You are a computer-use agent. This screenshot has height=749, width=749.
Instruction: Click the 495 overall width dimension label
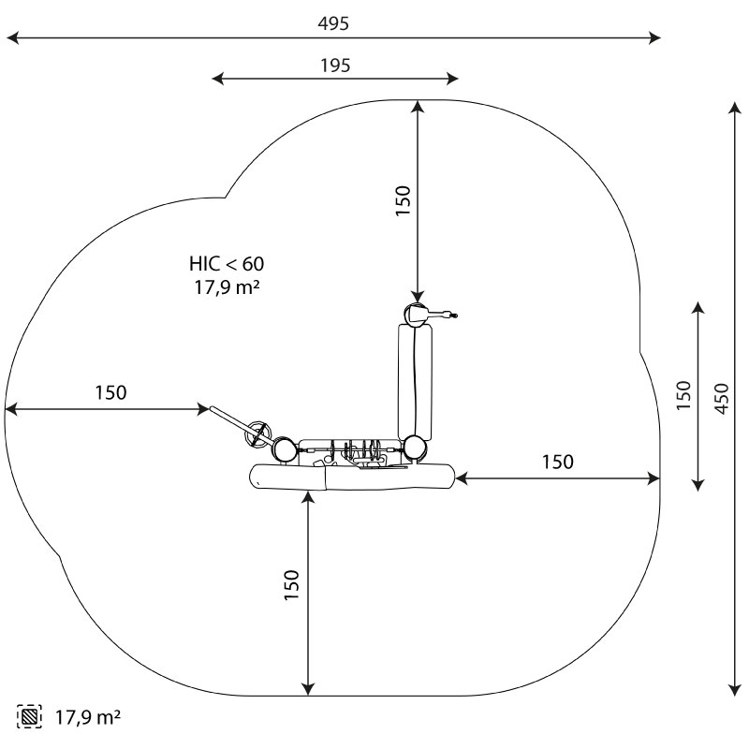(333, 22)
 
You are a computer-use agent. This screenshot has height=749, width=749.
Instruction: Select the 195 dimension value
(335, 65)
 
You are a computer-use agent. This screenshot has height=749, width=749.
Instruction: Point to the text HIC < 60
(227, 263)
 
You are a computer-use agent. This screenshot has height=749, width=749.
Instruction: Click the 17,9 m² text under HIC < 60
(227, 287)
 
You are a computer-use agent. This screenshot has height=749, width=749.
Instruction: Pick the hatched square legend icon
(29, 716)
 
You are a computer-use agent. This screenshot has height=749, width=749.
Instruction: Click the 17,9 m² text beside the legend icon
(88, 717)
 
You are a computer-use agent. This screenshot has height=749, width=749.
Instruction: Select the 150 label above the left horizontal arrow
(110, 392)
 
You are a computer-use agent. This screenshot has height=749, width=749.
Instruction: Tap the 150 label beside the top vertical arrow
(404, 200)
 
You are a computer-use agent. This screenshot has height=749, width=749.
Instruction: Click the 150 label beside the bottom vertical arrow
(291, 585)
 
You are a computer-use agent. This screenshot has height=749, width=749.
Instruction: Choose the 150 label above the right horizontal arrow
(557, 462)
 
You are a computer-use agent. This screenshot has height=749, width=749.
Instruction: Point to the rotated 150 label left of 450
(683, 394)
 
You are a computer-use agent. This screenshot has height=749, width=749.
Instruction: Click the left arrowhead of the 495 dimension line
(12, 37)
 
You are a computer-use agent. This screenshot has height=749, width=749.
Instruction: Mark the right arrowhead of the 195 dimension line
(452, 79)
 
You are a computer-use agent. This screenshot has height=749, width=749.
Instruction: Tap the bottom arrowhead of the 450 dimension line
(735, 690)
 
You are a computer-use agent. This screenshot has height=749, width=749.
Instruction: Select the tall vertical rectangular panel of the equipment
(415, 382)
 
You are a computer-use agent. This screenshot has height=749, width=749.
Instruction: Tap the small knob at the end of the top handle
(454, 316)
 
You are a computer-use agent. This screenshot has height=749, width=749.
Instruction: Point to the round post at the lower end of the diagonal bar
(284, 449)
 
